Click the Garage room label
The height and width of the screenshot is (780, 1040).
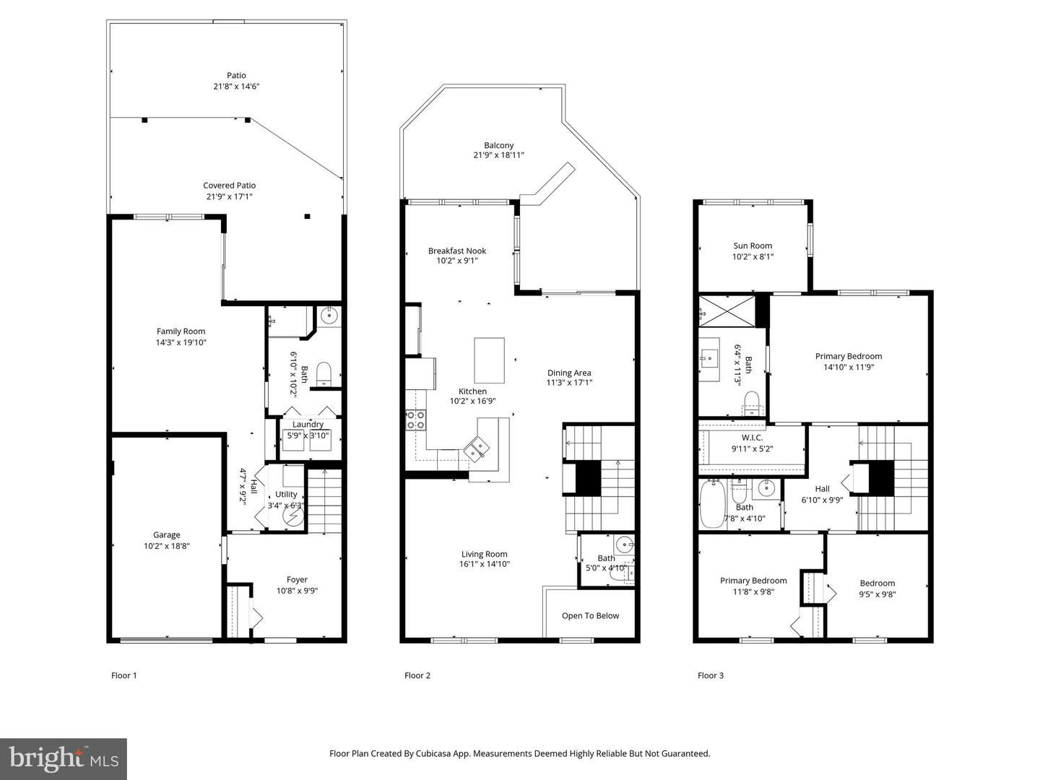(x=166, y=534)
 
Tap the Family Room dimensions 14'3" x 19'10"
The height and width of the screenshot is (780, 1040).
(x=181, y=342)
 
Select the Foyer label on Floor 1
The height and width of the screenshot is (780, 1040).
(x=297, y=580)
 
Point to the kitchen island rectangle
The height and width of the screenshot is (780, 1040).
(x=490, y=360)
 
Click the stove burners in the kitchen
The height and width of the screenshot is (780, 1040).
(x=415, y=420)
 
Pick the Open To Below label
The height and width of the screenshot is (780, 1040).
(x=590, y=615)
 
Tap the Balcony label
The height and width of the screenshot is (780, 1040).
(x=498, y=145)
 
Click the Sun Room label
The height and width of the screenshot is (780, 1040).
(x=753, y=246)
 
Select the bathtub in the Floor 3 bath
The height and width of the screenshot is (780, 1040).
(x=712, y=504)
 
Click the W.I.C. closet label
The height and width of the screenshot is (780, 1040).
(x=752, y=438)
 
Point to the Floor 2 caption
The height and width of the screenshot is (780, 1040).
(x=417, y=675)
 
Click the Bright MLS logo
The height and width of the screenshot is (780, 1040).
(x=64, y=758)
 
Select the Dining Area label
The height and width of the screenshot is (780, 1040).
(x=569, y=373)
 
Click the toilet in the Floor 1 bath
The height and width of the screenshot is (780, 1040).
(x=324, y=374)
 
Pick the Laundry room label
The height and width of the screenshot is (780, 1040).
(x=308, y=425)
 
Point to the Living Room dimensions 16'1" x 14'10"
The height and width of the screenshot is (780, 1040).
(x=484, y=564)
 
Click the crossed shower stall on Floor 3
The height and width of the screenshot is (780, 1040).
(x=727, y=311)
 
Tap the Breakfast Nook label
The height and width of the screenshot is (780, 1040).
(x=456, y=251)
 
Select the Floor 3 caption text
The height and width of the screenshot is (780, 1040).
(x=711, y=675)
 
